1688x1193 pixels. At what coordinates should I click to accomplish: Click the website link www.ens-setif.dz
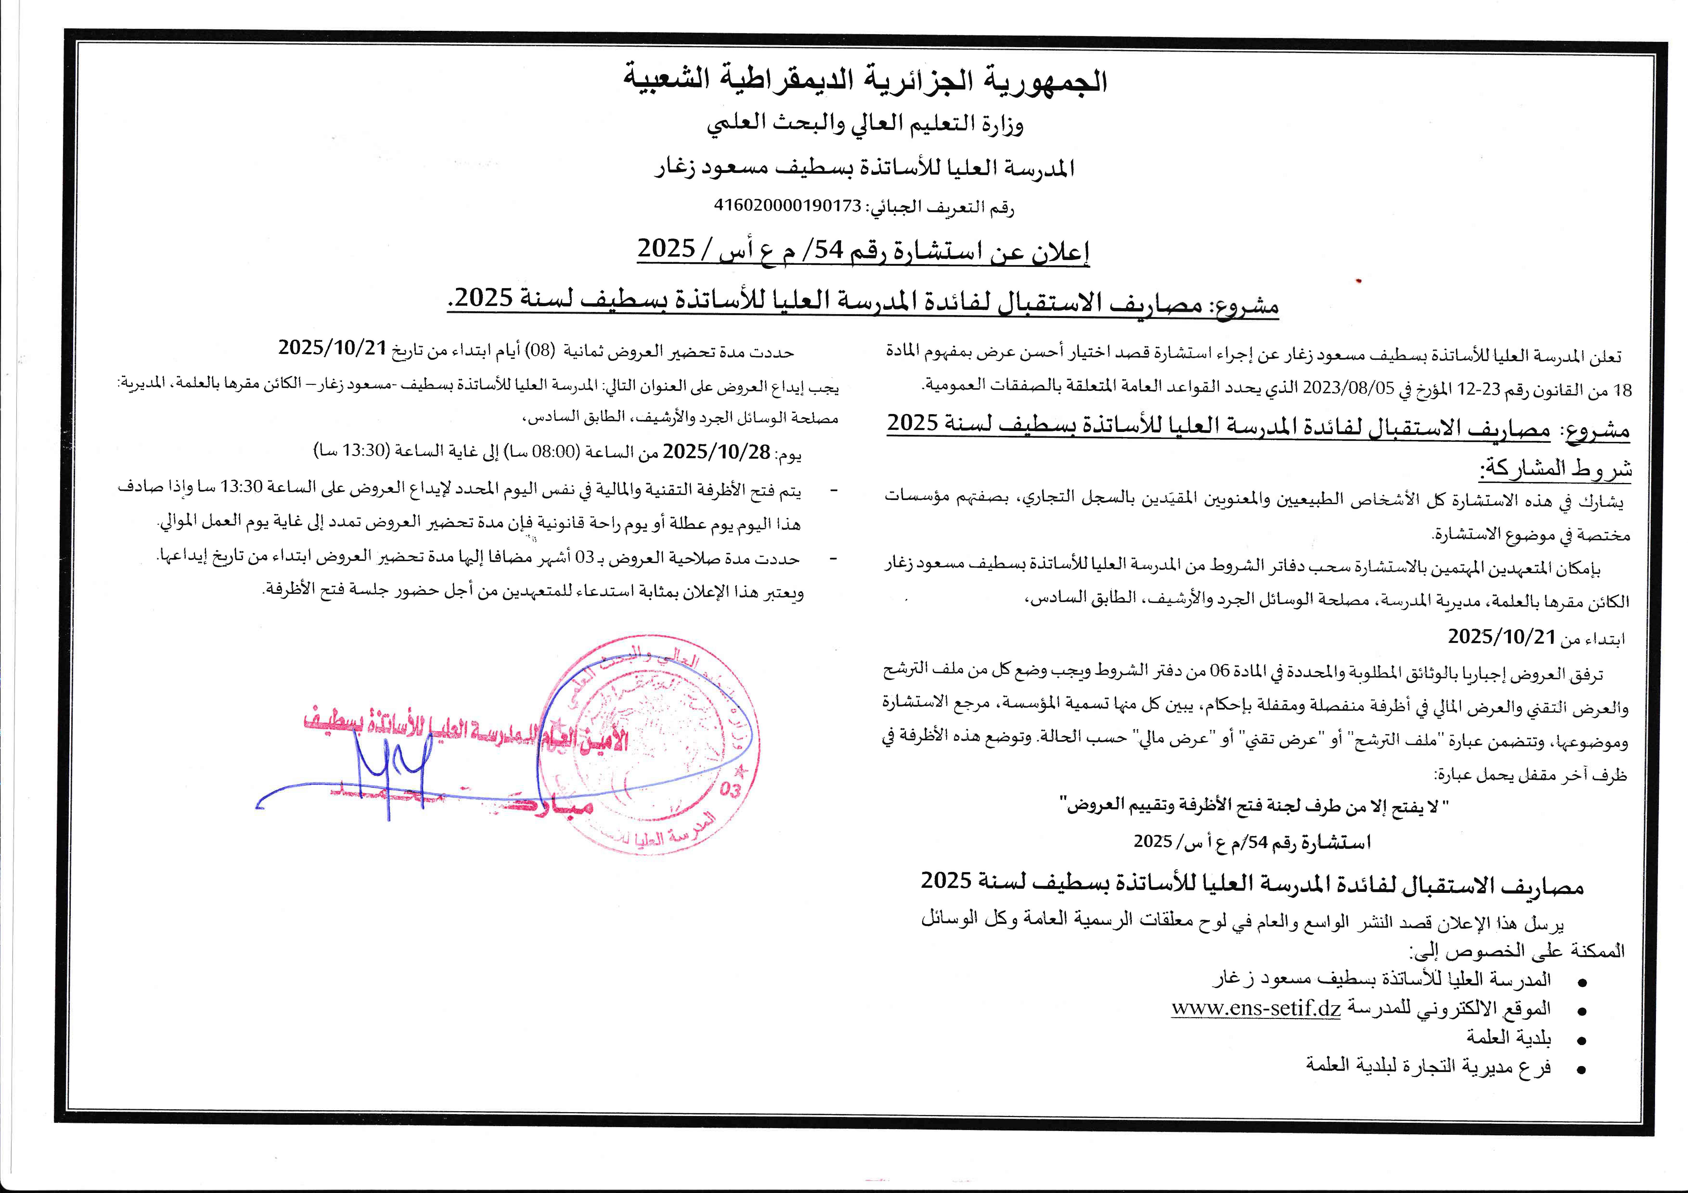[x=1256, y=1008]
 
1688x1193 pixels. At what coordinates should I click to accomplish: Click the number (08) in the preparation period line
[x=541, y=351]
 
